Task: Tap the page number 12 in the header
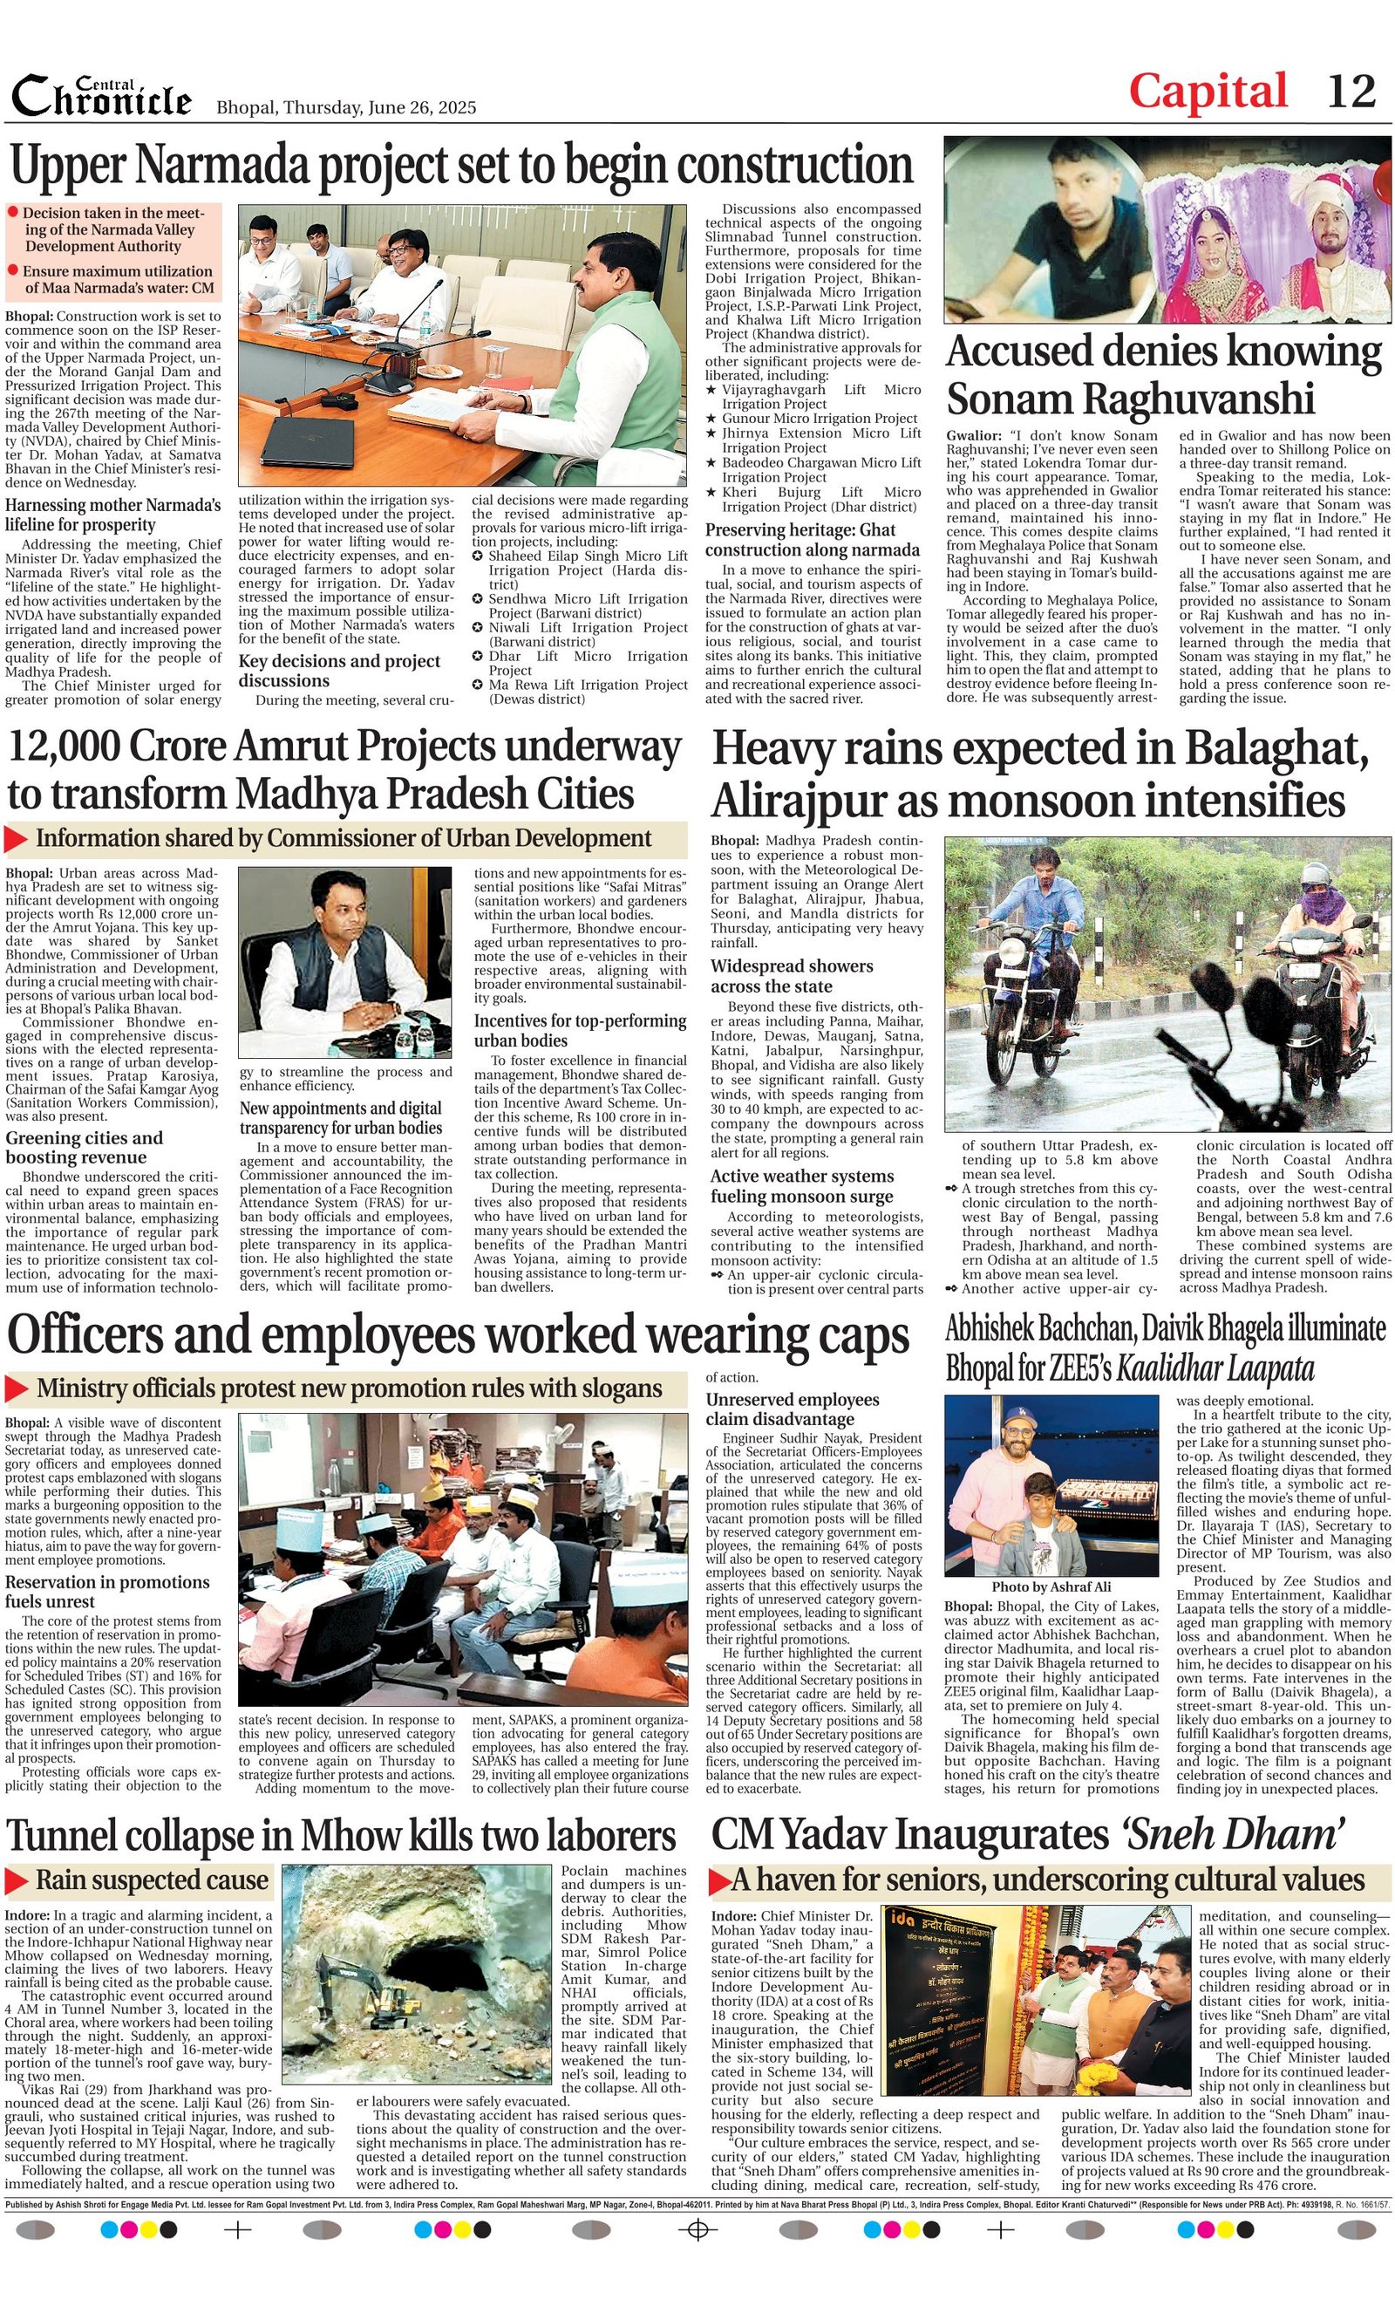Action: [1351, 92]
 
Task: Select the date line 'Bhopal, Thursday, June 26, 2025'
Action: [346, 106]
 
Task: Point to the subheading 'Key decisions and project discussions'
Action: [338, 670]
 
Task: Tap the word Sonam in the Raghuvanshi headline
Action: [1011, 399]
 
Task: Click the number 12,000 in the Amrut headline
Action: [63, 747]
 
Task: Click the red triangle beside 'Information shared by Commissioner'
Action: [16, 840]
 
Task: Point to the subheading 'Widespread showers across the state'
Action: [791, 976]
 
